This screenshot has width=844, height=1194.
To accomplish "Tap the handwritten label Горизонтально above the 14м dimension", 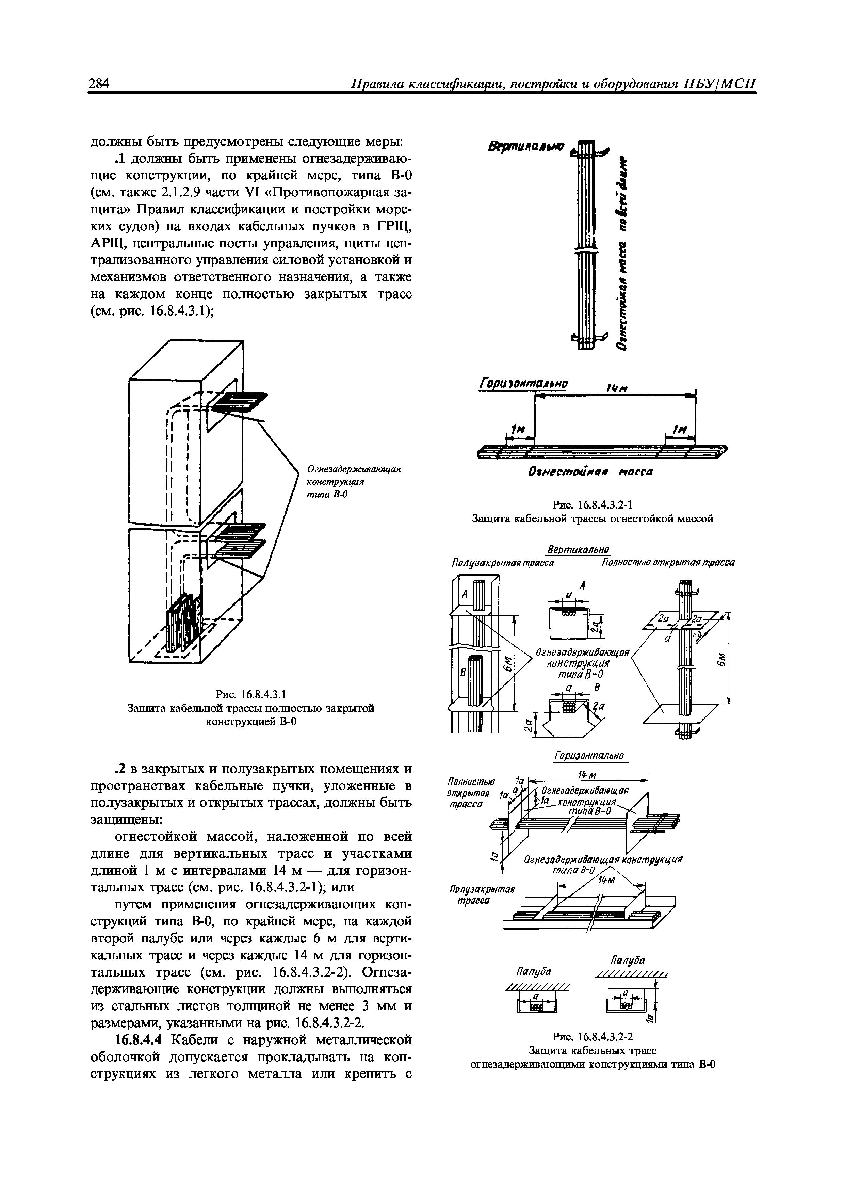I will click(523, 384).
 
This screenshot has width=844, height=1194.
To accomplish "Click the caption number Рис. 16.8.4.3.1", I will click(251, 694).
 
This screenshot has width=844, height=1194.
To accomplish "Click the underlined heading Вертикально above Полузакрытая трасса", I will click(579, 550).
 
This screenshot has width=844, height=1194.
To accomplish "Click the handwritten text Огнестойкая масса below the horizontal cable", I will click(590, 472).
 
